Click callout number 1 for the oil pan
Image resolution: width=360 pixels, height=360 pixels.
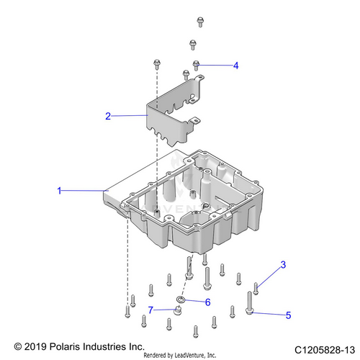[60, 191]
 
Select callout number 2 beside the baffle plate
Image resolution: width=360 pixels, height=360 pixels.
[108, 115]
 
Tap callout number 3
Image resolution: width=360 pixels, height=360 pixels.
[283, 265]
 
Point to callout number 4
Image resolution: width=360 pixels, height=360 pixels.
[235, 65]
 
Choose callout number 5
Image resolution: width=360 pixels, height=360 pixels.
[289, 314]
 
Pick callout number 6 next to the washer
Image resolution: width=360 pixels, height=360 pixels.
[207, 302]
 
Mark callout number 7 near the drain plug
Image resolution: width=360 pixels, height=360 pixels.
[151, 310]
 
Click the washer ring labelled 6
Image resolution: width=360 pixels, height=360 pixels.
[182, 298]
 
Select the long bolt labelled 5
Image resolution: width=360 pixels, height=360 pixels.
[250, 302]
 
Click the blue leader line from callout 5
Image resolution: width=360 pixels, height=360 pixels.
[270, 312]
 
